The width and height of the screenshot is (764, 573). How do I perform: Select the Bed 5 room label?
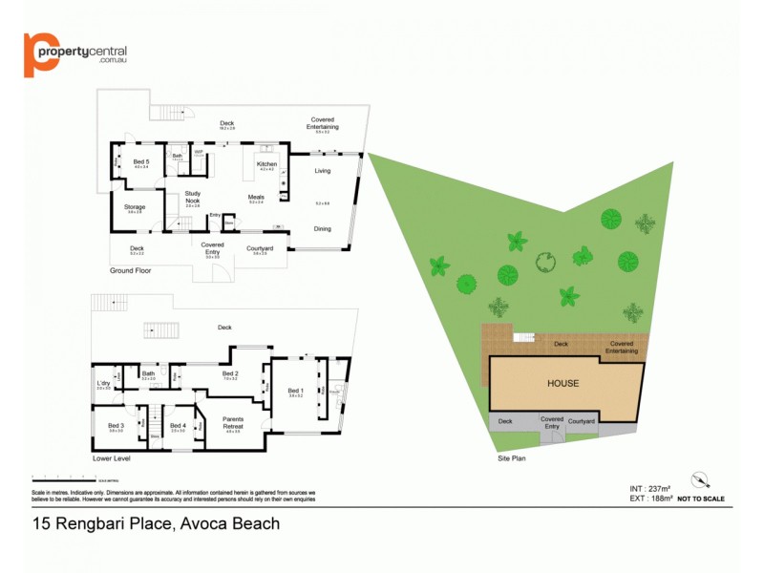[141, 162]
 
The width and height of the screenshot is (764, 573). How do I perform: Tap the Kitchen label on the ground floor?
[266, 163]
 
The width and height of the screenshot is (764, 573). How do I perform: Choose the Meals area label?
[255, 197]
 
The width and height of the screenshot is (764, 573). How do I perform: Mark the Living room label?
[322, 172]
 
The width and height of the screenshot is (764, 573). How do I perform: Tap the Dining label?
[322, 228]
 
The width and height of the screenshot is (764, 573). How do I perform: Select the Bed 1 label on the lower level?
[296, 390]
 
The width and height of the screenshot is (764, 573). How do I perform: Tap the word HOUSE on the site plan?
[562, 383]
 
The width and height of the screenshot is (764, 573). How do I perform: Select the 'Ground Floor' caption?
[131, 270]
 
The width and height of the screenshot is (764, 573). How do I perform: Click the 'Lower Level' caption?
[111, 458]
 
